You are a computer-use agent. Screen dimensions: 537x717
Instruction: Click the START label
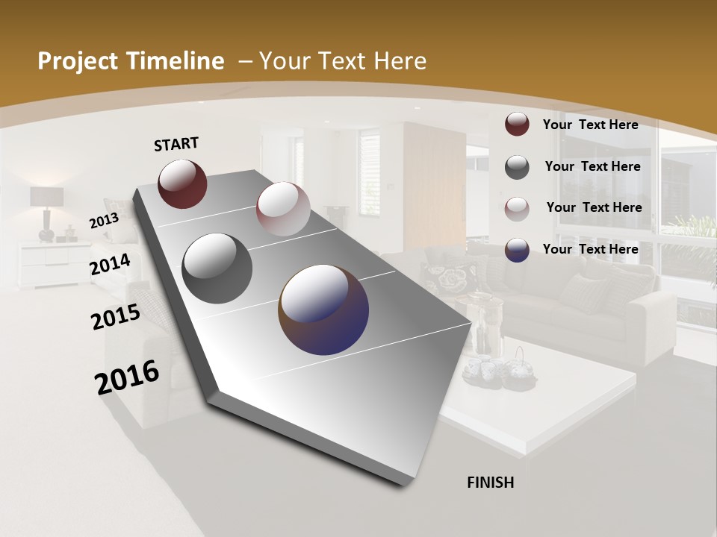tap(176, 144)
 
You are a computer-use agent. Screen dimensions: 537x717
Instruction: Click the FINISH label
tap(490, 483)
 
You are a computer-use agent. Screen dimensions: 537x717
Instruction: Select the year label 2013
tap(104, 220)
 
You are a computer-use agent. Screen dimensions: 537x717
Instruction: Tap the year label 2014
tap(111, 265)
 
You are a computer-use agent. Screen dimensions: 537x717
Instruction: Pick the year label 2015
tap(116, 317)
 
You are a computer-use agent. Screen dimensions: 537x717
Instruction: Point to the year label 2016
tap(127, 377)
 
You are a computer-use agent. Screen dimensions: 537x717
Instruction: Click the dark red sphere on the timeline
tap(182, 183)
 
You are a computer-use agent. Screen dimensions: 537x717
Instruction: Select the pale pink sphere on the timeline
tap(283, 209)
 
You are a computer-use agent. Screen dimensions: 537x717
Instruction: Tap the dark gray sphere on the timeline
tap(217, 268)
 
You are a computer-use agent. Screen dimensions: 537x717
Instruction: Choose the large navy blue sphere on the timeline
tap(323, 310)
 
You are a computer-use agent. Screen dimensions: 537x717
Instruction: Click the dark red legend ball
tap(517, 124)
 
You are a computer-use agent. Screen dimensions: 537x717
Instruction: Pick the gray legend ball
tap(517, 167)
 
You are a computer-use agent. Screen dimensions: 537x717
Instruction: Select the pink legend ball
tap(517, 208)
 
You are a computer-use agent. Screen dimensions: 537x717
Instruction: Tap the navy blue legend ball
tap(517, 250)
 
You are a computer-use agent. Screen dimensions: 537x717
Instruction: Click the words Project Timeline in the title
tap(131, 61)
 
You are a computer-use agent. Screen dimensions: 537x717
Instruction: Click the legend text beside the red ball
tap(590, 125)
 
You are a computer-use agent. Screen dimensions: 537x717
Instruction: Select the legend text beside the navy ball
tap(590, 249)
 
